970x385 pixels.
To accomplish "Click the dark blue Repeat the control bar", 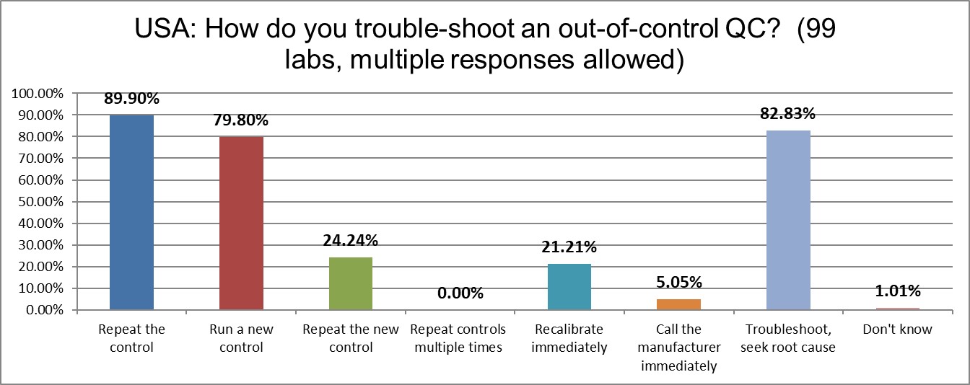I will click(131, 213).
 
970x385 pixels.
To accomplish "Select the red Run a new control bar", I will click(241, 224).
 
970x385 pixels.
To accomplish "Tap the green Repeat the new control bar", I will click(351, 283).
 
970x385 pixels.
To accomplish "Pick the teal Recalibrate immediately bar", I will click(569, 287).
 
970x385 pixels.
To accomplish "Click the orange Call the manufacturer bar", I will click(678, 304).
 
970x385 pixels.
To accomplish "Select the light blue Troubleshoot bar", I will click(788, 220).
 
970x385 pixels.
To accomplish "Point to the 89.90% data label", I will click(131, 99).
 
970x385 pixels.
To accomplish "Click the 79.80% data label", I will click(241, 120).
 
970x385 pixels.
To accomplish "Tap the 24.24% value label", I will click(351, 241).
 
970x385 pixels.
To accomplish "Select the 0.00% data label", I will click(460, 293).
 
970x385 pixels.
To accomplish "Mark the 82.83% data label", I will click(788, 114).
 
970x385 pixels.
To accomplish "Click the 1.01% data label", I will click(897, 291).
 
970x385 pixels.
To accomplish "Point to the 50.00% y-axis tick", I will click(45, 202).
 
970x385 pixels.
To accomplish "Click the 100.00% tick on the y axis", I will click(42, 94).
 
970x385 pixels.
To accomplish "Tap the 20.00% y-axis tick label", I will click(45, 267).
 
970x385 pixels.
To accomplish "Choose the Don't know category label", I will click(897, 329).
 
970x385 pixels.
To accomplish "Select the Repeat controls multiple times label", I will click(460, 338).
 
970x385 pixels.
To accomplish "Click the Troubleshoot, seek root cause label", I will click(788, 338).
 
